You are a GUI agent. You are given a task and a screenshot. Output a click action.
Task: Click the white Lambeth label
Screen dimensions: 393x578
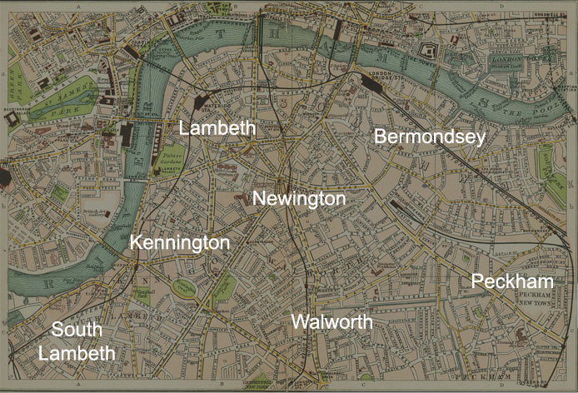click(x=218, y=128)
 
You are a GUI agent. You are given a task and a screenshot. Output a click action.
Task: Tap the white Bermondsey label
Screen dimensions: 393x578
click(x=429, y=137)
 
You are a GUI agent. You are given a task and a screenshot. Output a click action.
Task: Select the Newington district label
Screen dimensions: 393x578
click(x=298, y=199)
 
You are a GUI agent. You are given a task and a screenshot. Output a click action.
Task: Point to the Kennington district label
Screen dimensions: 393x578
click(x=179, y=242)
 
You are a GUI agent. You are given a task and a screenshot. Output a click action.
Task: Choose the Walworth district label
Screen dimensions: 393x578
click(x=331, y=321)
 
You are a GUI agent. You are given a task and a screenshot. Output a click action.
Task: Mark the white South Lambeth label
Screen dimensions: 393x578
click(x=77, y=341)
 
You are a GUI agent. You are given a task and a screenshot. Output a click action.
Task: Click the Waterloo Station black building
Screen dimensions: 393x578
click(x=202, y=104)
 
